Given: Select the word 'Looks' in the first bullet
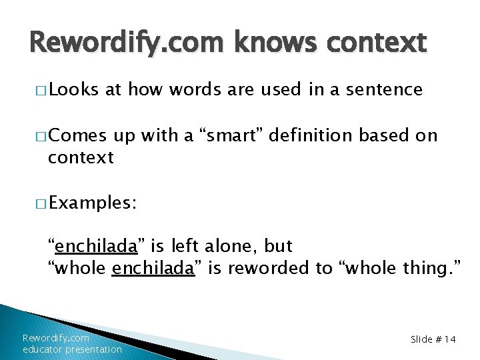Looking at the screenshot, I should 73,89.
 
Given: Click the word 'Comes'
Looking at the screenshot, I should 77,136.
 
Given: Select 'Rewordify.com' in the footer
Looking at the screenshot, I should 56,338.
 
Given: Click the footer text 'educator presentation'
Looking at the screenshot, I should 72,349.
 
